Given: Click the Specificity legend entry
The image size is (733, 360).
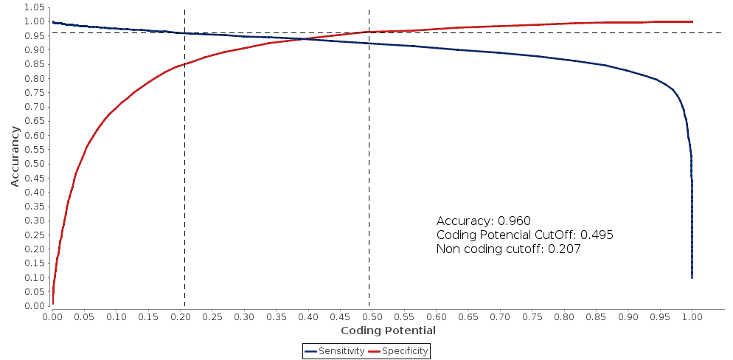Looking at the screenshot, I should point(398,351).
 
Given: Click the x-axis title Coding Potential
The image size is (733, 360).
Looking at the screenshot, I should point(388,330).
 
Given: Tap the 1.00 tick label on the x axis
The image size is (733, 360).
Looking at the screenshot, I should point(692,316).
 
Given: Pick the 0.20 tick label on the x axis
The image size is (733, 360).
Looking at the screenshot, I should point(181,316).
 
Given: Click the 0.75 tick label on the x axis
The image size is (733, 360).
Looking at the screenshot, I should point(532,316).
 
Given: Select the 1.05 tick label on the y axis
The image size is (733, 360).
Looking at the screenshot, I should point(35,7).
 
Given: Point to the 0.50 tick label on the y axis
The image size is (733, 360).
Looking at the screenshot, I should point(35,164).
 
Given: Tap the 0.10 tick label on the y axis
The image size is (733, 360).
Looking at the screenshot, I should point(35,277).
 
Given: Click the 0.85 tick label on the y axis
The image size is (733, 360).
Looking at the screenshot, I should point(35,64).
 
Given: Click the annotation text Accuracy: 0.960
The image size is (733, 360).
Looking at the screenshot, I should point(484,221).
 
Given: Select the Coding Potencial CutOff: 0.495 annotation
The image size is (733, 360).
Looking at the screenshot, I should point(524,235).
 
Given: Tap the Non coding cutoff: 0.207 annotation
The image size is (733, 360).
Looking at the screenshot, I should point(508,249).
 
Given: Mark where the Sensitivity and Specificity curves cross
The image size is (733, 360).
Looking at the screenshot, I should point(303,38).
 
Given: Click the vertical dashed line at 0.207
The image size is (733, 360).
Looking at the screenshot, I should point(184,184).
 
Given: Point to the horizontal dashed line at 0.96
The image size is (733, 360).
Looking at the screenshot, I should point(516,32).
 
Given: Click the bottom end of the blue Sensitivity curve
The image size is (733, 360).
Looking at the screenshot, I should point(692,277).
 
